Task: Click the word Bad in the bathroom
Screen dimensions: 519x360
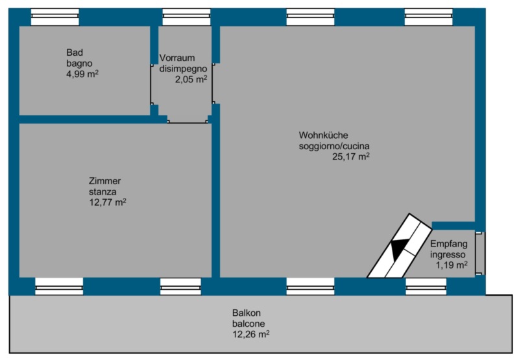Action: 75,53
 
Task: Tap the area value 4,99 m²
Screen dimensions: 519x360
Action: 82,74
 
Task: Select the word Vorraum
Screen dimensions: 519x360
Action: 177,58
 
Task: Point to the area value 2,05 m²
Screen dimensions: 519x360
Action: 191,79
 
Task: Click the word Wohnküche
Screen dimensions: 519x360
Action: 323,136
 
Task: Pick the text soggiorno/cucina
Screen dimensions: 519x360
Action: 334,146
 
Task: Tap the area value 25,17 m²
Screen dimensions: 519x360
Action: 351,156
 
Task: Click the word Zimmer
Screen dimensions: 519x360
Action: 104,181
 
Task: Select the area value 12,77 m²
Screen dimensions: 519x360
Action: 108,202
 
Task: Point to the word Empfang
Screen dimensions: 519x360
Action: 449,244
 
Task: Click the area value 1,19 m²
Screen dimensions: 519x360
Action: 452,265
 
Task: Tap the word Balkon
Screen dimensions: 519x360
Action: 247,313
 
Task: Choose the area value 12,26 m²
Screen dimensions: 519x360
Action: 250,334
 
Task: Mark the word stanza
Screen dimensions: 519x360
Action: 103,192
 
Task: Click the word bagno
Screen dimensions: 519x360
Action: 79,64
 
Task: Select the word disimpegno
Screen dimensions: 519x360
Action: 183,69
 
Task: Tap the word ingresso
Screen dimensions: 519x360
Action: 448,255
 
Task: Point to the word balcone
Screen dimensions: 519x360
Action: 248,324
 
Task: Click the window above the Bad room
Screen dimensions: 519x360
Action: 55,17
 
